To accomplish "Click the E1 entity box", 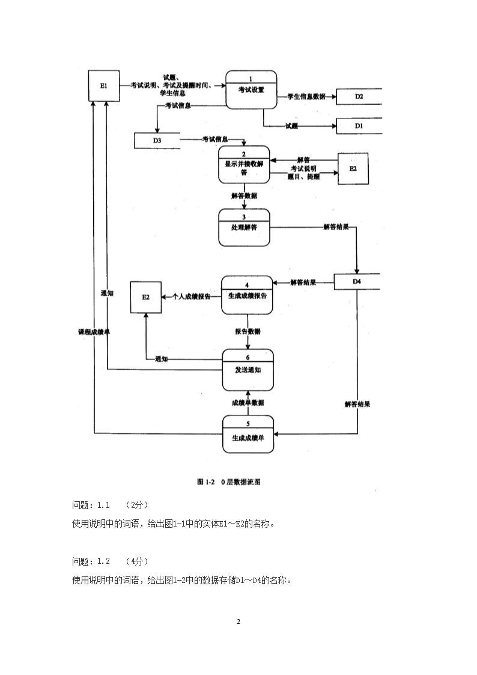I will click(104, 86).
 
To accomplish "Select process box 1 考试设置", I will click(251, 90).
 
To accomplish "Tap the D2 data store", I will click(359, 96).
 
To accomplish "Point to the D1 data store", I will click(359, 126).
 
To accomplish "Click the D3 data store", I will click(157, 140).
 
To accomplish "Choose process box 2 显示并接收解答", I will click(244, 163).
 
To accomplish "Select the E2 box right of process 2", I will click(353, 169).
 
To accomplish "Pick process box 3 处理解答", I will click(244, 227).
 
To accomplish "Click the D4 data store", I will click(357, 282).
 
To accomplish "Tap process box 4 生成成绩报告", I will click(247, 295).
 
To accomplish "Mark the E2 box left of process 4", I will click(146, 297).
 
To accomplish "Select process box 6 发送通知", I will click(248, 369).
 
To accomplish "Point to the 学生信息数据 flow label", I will click(306, 96).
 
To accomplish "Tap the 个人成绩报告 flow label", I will click(191, 296).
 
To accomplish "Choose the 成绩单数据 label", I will click(248, 403).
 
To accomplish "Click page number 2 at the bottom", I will click(238, 622).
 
